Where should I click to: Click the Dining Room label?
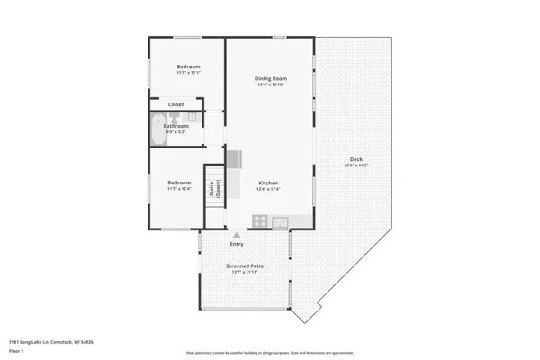271,80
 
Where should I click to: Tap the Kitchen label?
269,183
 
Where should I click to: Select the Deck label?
357,160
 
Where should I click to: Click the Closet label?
175,104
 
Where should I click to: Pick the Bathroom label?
176,126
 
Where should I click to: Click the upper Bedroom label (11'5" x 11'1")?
188,67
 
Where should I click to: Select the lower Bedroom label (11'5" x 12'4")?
179,183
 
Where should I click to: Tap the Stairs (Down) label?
214,189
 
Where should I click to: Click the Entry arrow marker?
237,236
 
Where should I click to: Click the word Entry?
237,244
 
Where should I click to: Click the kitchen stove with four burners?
259,220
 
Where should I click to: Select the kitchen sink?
281,220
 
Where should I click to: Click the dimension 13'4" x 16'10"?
271,86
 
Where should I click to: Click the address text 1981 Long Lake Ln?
51,342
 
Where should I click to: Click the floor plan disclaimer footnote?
271,352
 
